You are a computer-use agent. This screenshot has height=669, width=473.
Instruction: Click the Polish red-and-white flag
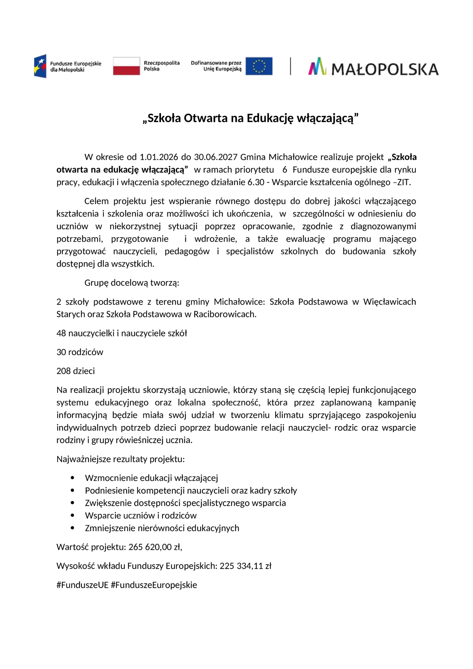[x=126, y=66]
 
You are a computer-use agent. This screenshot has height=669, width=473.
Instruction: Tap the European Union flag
[x=259, y=66]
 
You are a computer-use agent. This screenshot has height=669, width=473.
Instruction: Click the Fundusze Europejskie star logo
[x=40, y=66]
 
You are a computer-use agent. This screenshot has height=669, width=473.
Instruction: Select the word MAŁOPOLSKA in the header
[x=385, y=69]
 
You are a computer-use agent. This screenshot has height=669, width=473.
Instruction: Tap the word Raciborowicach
[x=225, y=314]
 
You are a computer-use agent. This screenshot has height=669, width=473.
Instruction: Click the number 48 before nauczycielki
[x=61, y=333]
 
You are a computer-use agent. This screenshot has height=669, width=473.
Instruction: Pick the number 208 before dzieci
[x=63, y=371]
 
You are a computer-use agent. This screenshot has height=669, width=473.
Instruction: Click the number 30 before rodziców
[x=61, y=352]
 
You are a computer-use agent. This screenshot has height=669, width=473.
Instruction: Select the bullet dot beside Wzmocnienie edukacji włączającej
[x=72, y=478]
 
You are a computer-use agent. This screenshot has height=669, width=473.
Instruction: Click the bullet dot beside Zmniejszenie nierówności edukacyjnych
[x=72, y=528]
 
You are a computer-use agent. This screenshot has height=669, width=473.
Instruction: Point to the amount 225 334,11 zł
[x=245, y=566]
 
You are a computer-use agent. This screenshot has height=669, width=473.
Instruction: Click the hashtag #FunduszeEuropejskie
[x=154, y=585]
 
